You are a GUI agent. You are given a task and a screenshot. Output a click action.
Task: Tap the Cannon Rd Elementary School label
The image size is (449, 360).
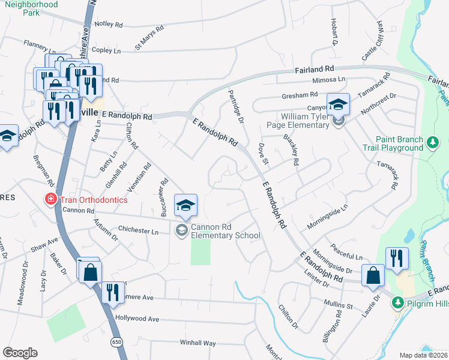[225, 231]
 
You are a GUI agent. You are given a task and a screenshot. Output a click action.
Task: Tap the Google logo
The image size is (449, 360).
[20, 353]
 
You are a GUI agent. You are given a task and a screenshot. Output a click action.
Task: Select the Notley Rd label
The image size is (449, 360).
[108, 25]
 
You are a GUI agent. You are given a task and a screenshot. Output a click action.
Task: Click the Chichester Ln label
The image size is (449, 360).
[138, 232]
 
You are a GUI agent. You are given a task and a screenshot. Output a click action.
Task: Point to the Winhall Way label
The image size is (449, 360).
[197, 343]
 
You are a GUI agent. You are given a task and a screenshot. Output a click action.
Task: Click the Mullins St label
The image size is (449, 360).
[337, 305]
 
